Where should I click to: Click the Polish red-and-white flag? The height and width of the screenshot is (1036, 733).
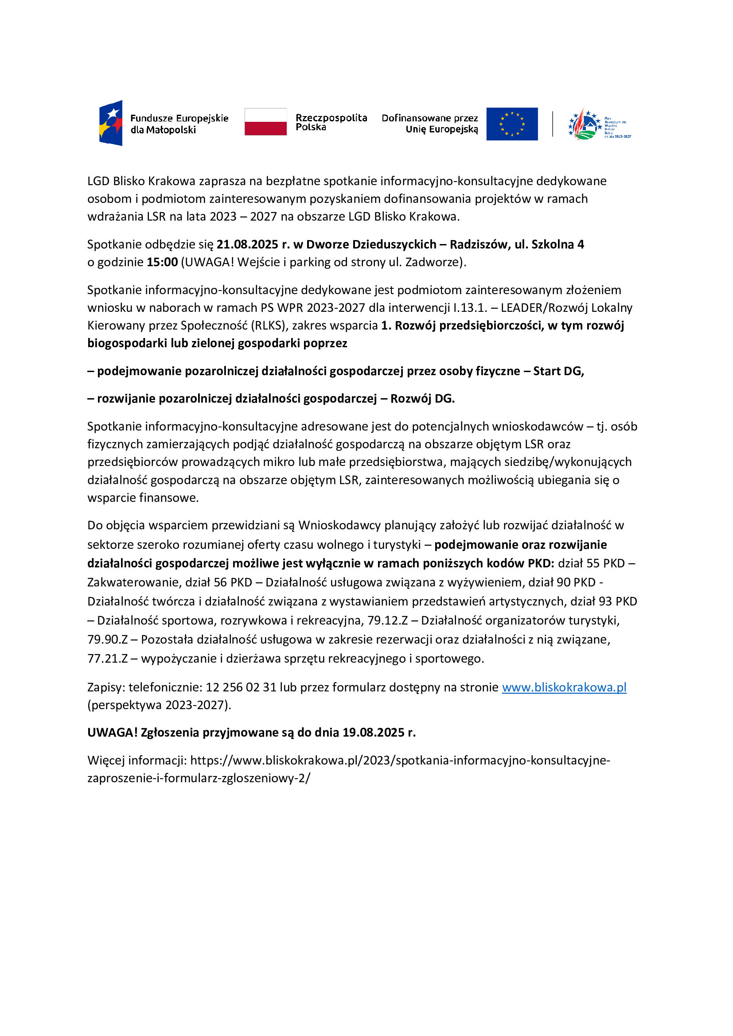click(265, 122)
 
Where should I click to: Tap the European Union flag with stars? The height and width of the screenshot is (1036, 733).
click(512, 124)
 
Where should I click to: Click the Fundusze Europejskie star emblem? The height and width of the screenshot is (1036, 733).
click(111, 123)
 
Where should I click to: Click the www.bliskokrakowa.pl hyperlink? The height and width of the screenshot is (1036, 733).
click(564, 687)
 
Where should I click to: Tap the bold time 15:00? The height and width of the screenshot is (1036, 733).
click(163, 262)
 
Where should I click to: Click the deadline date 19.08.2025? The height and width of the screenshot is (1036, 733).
click(374, 732)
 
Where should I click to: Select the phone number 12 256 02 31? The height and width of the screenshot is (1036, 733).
click(241, 687)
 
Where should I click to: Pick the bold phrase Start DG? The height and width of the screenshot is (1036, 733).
click(558, 371)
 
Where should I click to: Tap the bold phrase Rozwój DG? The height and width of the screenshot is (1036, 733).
click(422, 399)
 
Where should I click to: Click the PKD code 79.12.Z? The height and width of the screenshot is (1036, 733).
click(388, 621)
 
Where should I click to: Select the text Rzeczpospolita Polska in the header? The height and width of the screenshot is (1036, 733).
click(331, 122)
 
